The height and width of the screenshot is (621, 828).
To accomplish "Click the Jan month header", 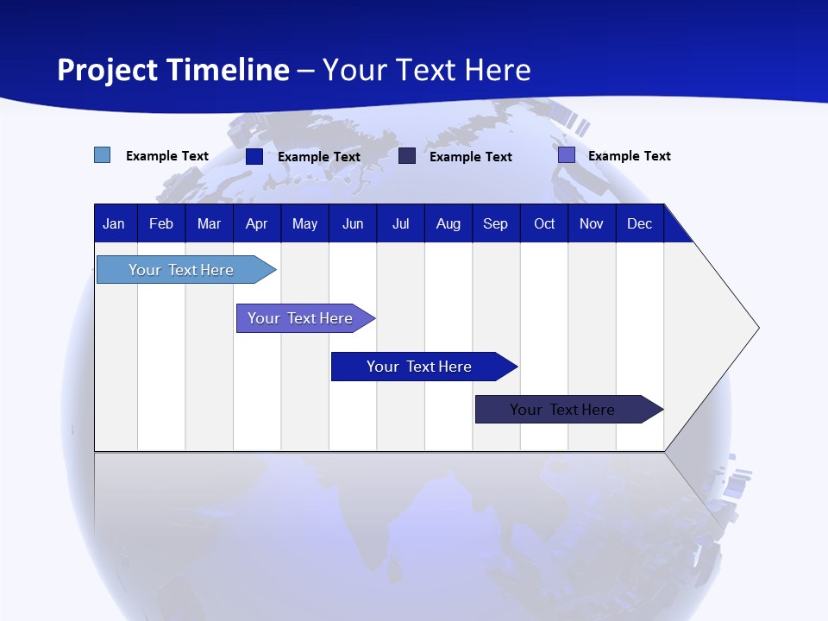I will pos(114,224).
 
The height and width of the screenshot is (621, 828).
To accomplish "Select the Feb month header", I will pos(161,224).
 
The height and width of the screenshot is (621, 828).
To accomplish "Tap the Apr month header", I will pos(256,224).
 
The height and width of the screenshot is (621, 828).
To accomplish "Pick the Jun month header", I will pos(353,224).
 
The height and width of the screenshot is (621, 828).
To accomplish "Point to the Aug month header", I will pos(448,224).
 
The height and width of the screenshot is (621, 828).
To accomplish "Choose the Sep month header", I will pos(495,224).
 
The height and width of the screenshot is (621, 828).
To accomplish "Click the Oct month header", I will pos(544,224).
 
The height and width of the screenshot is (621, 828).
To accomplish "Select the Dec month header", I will pos(639,224).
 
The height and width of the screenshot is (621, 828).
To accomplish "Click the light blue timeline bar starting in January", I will pos(181,270).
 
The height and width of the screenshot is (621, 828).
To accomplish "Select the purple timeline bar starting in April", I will pos(300,318).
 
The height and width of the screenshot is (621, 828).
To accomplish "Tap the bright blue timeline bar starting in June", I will pos(419,367).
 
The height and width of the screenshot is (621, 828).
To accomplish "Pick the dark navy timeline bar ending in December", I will pos(562,410).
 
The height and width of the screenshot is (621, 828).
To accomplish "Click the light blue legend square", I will pos(103,155).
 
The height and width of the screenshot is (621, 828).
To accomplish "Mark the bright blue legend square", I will pos(254,156).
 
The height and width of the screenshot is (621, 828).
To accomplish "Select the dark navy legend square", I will pos(407,156).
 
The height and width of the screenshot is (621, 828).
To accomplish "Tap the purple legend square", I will pos(567,155).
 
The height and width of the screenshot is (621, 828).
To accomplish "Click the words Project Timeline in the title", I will pos(172,70).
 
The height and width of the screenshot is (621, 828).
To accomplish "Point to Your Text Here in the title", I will pos(426,70).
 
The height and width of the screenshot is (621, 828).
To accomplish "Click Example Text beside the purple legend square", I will pos(629,156).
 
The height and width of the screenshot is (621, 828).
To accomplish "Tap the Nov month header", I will pos(592,224).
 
